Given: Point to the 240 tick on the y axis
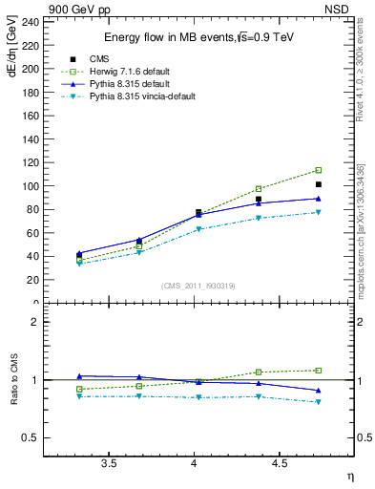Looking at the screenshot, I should tap(30, 21).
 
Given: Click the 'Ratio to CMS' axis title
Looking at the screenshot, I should tap(11, 379).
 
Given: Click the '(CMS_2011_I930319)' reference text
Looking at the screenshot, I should tap(198, 286).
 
